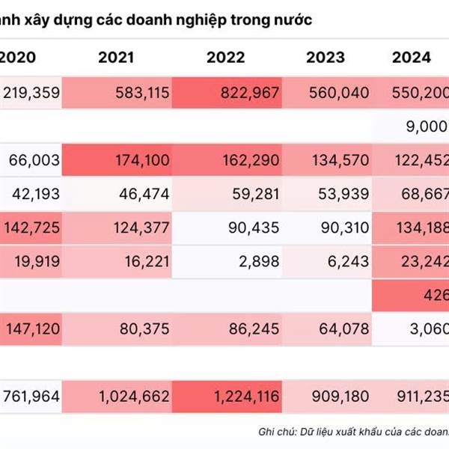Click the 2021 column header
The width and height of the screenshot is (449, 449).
(117, 58)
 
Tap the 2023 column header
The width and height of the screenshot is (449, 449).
(326, 58)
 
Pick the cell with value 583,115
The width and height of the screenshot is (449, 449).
(143, 94)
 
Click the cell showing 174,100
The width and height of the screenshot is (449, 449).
(143, 160)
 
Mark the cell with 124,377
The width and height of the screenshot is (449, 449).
(143, 227)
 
